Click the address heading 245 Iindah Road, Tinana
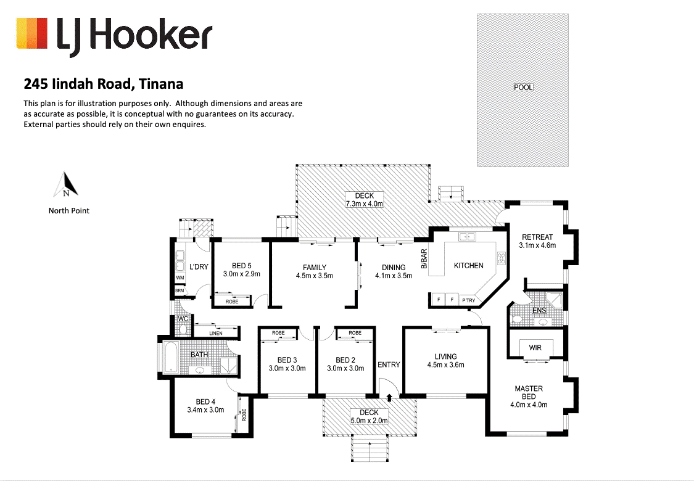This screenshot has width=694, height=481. click(x=103, y=83)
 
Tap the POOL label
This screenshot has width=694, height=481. click(x=523, y=88)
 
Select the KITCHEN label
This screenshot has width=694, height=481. click(x=469, y=266)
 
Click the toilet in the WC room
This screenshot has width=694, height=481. click(x=183, y=329)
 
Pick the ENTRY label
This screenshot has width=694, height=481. click(x=389, y=364)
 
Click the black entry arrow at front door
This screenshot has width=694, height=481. click(x=389, y=399)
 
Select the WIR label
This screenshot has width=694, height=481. click(x=535, y=348)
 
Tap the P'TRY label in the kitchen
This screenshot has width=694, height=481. click(x=468, y=300)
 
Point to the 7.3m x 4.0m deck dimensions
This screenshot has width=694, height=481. click(x=365, y=203)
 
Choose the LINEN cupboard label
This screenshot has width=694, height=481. click(x=215, y=334)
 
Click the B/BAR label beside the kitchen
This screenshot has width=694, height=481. click(x=424, y=259)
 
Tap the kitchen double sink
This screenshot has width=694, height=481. click(x=466, y=236)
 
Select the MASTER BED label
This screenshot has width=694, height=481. click(x=529, y=393)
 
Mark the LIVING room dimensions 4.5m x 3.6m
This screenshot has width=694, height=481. click(x=445, y=364)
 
